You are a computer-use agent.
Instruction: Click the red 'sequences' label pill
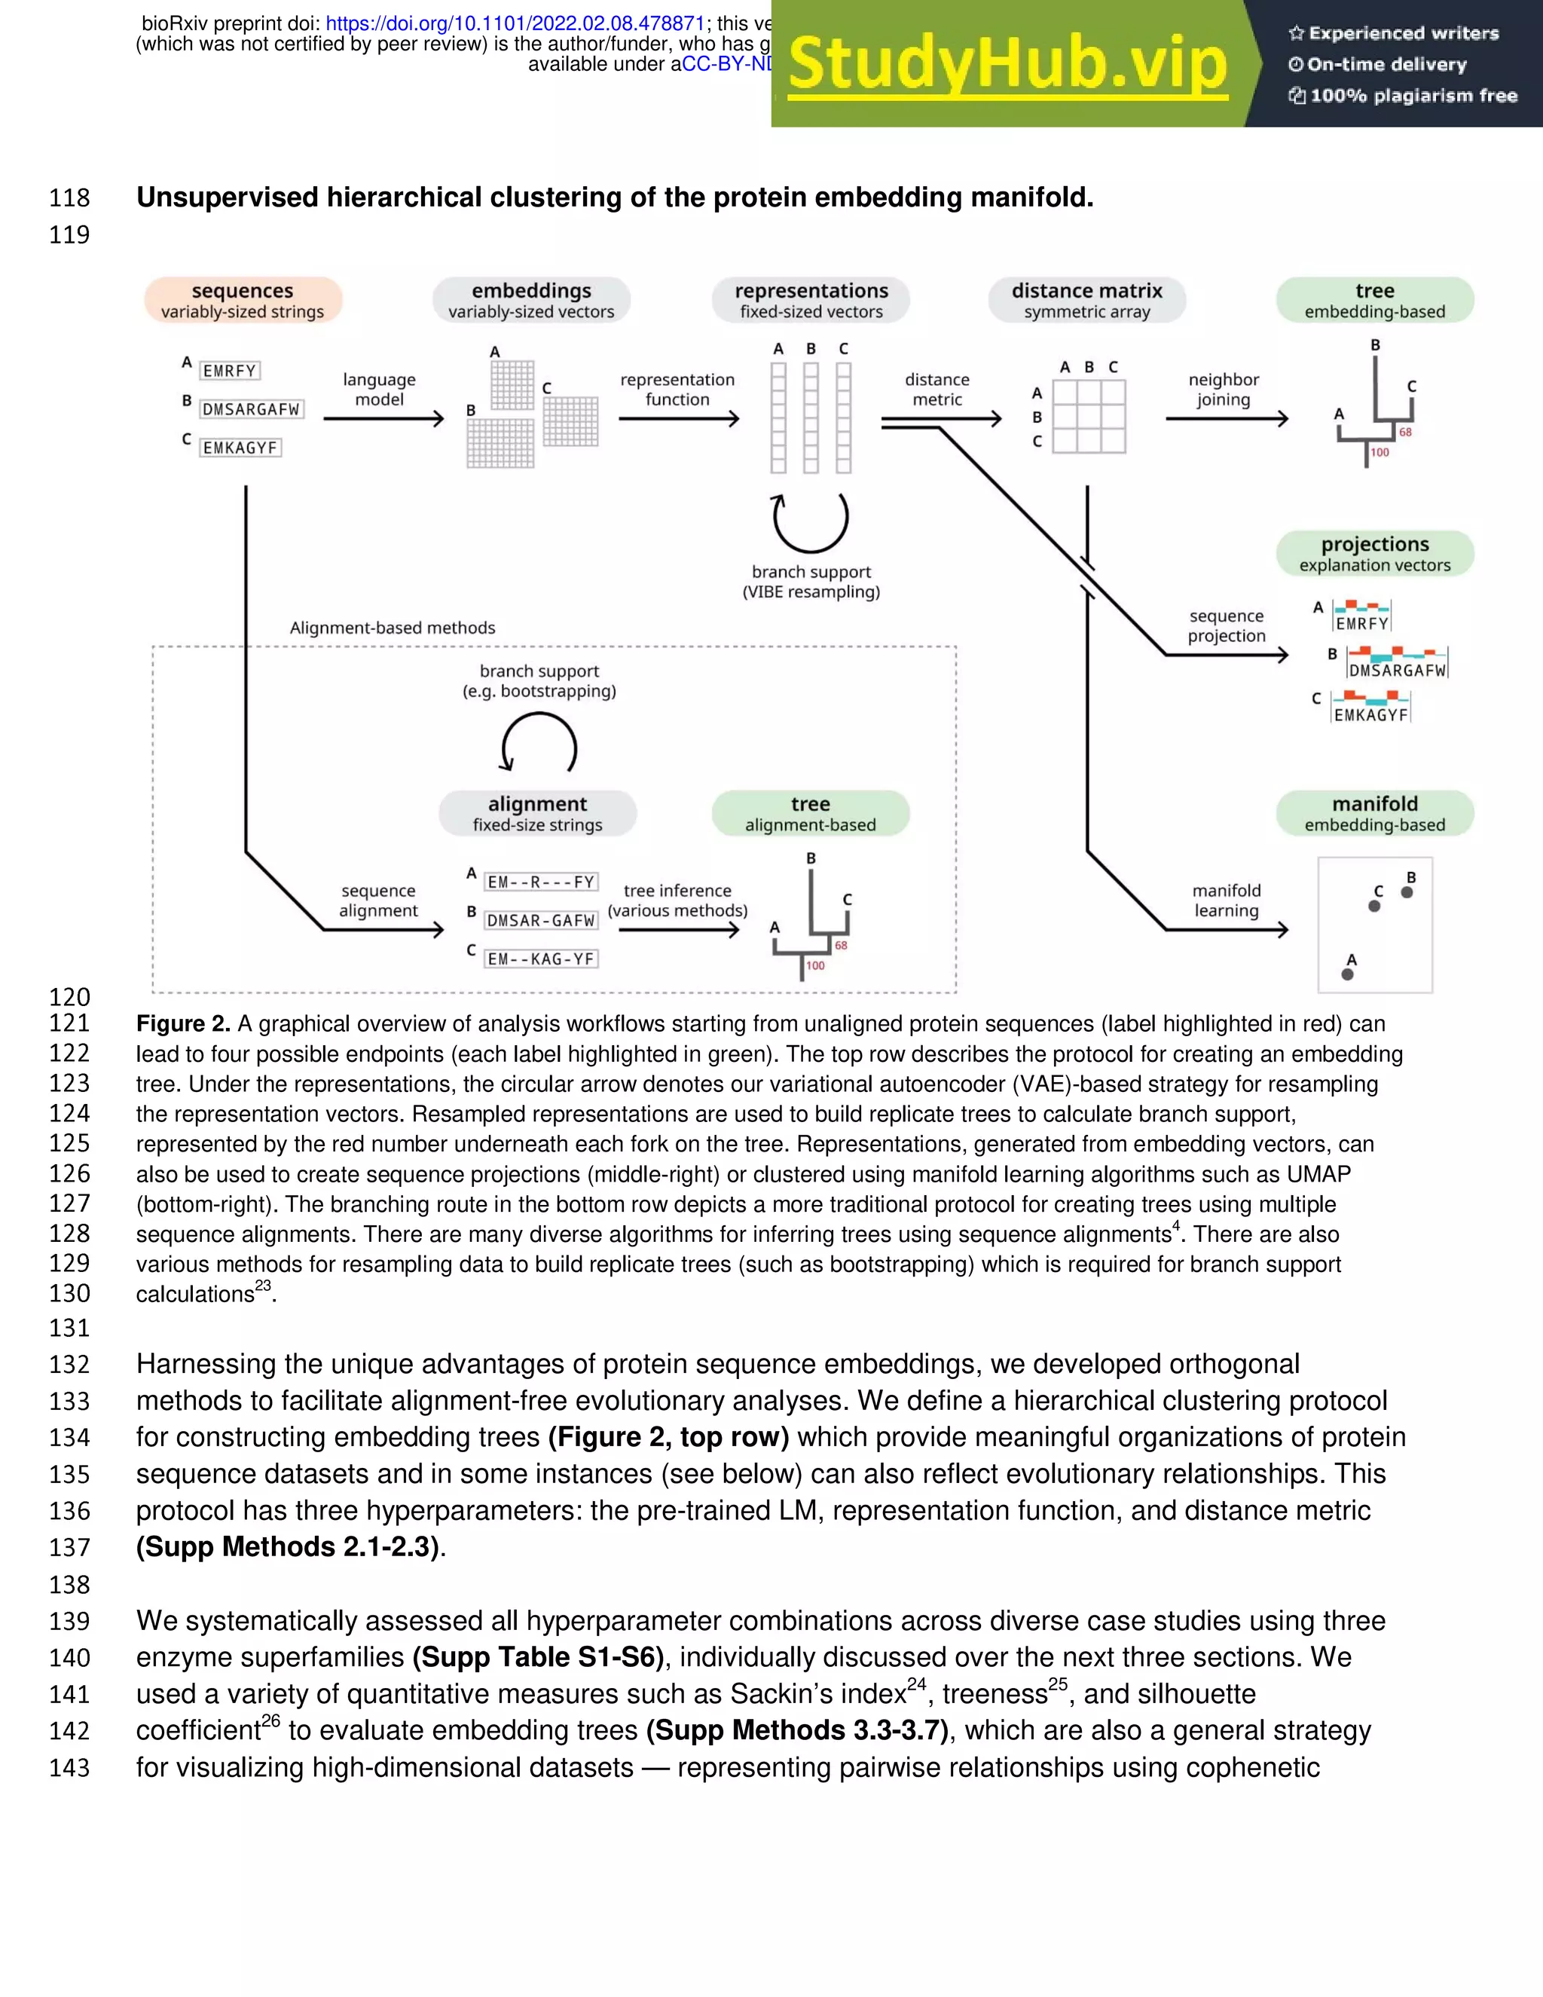pyautogui.click(x=243, y=300)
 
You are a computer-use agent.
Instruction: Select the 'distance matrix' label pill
pyautogui.click(x=1087, y=300)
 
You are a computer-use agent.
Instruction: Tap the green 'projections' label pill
pyautogui.click(x=1375, y=553)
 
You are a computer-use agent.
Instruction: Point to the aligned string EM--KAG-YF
pyautogui.click(x=541, y=959)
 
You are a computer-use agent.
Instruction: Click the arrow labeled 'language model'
pyautogui.click(x=383, y=419)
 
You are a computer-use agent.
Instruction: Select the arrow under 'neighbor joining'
pyautogui.click(x=1226, y=419)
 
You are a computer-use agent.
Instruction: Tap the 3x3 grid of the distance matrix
pyautogui.click(x=1089, y=417)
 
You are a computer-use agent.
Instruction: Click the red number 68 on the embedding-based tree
pyautogui.click(x=1405, y=433)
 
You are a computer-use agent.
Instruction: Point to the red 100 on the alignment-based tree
pyautogui.click(x=815, y=965)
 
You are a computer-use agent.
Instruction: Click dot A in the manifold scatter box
pyautogui.click(x=1347, y=974)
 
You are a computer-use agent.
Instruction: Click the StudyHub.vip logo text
pyautogui.click(x=1007, y=64)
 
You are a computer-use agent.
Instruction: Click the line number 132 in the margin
pyautogui.click(x=69, y=1364)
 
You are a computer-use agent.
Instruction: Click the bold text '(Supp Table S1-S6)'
pyautogui.click(x=539, y=1657)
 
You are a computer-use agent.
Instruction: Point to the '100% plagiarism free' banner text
pyautogui.click(x=1413, y=96)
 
